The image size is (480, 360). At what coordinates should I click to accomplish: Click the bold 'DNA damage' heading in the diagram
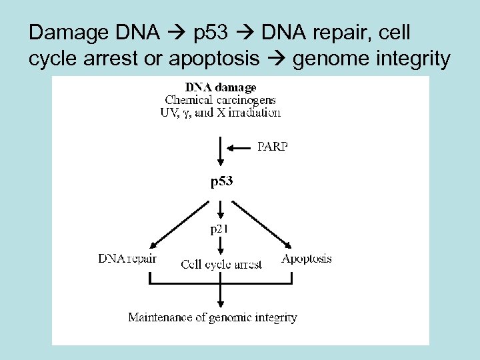220,87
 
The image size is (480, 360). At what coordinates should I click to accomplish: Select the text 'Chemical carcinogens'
220,100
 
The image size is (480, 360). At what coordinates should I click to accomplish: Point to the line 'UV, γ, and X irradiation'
220,113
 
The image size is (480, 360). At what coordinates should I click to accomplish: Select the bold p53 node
221,181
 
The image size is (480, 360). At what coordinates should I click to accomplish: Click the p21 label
221,230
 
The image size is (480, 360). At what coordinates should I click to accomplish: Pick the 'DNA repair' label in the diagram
127,259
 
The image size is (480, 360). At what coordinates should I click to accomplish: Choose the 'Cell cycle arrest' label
221,265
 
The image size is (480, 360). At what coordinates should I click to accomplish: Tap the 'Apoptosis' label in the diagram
307,259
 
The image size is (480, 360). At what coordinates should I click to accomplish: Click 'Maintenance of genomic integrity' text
213,317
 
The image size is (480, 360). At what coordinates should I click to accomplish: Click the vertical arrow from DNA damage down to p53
221,153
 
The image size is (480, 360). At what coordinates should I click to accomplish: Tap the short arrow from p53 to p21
221,209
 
